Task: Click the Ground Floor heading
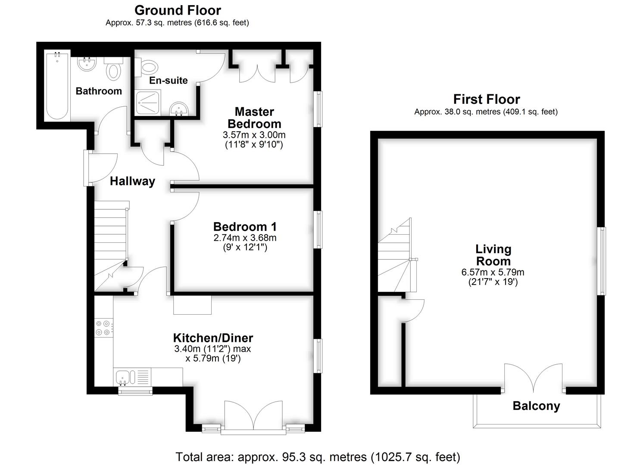click(178, 11)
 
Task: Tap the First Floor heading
click(486, 99)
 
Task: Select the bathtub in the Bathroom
click(57, 85)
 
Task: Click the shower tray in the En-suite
click(148, 102)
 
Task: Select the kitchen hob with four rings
click(104, 328)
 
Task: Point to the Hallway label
click(133, 181)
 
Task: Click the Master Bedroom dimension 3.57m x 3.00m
click(254, 135)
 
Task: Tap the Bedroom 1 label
click(245, 226)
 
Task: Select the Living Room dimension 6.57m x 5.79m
click(493, 272)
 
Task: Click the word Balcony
click(536, 406)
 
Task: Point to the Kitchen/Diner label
click(213, 338)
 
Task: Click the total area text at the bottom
click(318, 457)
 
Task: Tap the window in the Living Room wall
click(602, 261)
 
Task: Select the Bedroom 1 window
click(318, 229)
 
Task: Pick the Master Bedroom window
click(318, 109)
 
